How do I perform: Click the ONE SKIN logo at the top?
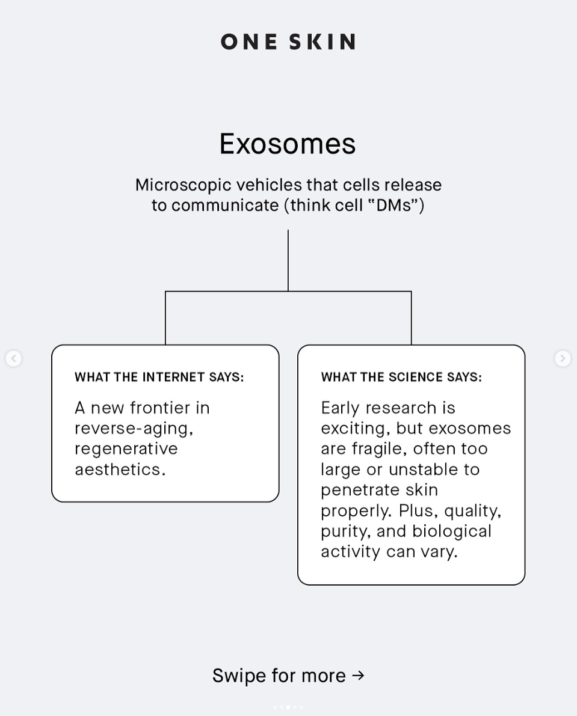(288, 41)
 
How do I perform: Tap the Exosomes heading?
(288, 144)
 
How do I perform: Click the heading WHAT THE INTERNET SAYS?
(159, 377)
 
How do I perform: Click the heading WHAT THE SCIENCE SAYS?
(401, 377)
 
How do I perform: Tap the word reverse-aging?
(133, 428)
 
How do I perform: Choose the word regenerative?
(126, 448)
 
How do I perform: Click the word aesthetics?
(120, 469)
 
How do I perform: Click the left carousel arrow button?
(13, 358)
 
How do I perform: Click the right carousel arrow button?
(563, 358)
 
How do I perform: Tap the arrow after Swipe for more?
(358, 675)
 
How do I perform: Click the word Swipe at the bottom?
(239, 676)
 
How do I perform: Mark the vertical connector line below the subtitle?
(288, 260)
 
